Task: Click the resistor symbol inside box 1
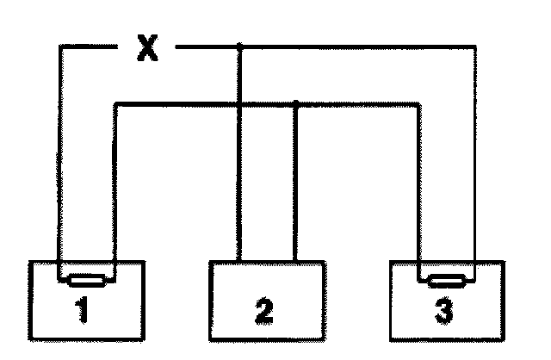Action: click(86, 279)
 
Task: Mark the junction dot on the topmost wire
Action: click(239, 47)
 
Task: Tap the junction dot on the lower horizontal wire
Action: click(296, 104)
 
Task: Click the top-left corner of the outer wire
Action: click(59, 47)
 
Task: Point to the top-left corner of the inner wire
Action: click(115, 104)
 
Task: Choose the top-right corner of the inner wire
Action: click(419, 104)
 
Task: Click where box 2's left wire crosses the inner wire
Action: click(239, 104)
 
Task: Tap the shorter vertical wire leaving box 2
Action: click(296, 181)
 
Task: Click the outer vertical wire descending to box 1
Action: click(59, 164)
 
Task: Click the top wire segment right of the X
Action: click(344, 47)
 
